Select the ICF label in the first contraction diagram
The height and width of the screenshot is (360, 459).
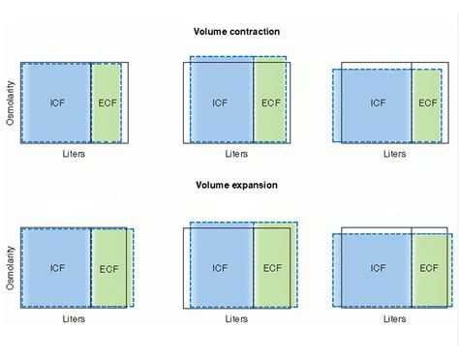(57, 102)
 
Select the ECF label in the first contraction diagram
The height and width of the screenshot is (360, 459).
(107, 102)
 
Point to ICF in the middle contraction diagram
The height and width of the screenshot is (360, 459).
(221, 102)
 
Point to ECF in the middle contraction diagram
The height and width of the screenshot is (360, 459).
(270, 102)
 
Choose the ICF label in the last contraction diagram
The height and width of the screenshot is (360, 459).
(378, 102)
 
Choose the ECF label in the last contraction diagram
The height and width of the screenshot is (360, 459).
(427, 102)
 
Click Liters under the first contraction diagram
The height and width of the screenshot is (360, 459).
(73, 153)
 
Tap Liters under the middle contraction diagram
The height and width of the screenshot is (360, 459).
(236, 153)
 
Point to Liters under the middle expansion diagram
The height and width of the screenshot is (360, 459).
(236, 317)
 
